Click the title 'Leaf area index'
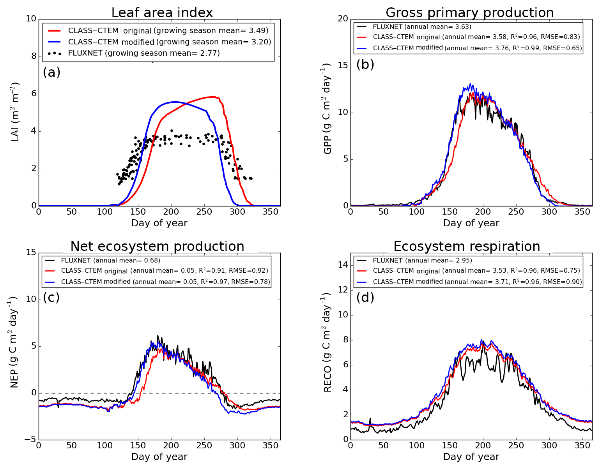[162, 13]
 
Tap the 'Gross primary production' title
[469, 13]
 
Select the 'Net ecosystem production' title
[157, 247]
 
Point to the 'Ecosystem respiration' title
[467, 247]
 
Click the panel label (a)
[51, 72]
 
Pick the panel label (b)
[365, 64]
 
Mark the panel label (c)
[51, 297]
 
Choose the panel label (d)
[365, 297]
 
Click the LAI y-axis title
[15, 112]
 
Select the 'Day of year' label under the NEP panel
[159, 457]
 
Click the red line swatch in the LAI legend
[55, 30]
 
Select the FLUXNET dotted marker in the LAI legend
[55, 53]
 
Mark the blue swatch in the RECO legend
[362, 282]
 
